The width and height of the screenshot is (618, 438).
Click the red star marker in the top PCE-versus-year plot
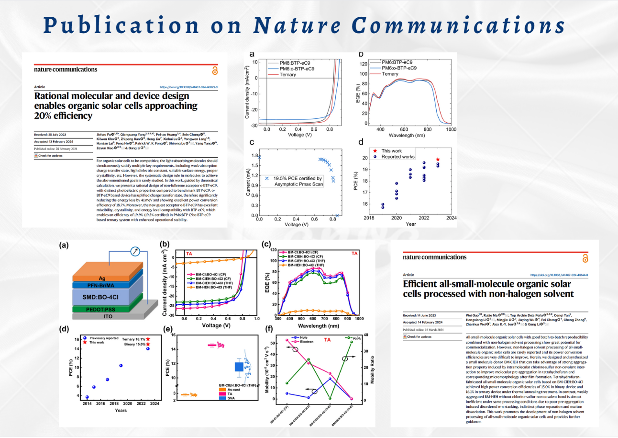click(x=438, y=160)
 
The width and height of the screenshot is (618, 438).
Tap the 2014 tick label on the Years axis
click(x=87, y=404)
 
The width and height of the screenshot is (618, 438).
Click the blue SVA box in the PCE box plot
click(x=239, y=367)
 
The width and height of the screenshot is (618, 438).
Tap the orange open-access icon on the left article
click(x=214, y=71)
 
